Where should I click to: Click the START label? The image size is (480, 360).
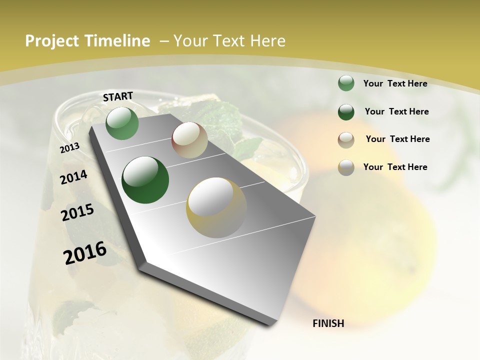point(118,96)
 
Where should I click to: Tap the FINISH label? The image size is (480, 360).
point(328,323)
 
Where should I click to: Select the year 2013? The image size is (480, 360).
point(70,147)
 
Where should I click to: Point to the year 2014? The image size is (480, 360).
point(74,177)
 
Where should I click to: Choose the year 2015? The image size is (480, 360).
point(77,212)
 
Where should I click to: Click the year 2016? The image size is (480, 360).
point(85,252)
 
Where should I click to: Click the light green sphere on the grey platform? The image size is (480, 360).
point(122,123)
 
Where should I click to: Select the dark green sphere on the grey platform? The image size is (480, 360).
point(145,180)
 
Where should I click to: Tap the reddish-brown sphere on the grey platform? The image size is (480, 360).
point(189,140)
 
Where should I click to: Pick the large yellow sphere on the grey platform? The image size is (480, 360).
point(216,207)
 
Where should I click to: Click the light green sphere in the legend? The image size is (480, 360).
point(346,83)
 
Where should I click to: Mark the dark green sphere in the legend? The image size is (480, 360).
point(346,112)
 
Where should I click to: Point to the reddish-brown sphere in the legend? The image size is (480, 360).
point(346,139)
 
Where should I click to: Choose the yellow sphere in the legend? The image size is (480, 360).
point(346,167)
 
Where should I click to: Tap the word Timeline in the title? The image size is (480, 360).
point(117,41)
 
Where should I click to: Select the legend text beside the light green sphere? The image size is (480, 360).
point(395,83)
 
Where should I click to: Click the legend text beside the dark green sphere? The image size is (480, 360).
point(396,111)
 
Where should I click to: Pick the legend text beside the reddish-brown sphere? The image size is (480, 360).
point(397,139)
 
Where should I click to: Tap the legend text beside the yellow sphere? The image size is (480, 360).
point(395,167)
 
